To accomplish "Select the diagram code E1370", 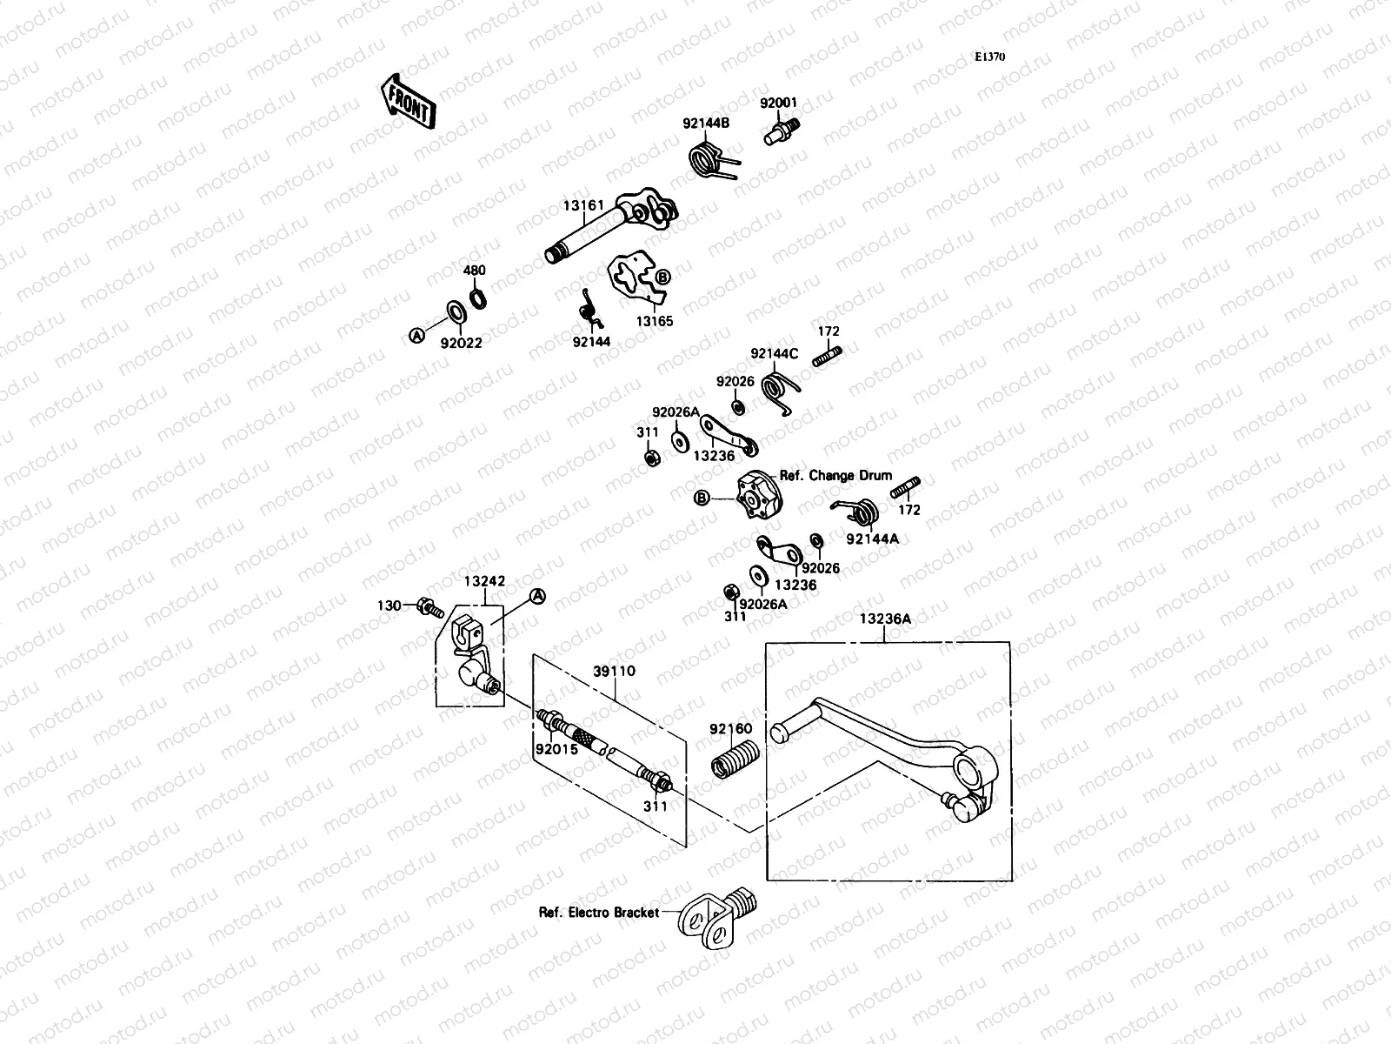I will pos(989,57).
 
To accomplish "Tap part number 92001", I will pos(778,103).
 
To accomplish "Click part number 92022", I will pos(461,343).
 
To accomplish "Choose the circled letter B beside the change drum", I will pos(702,499).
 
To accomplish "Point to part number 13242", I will pos(484,581).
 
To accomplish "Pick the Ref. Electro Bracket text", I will pos(599,913).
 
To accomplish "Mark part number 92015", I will pos(556,748).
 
